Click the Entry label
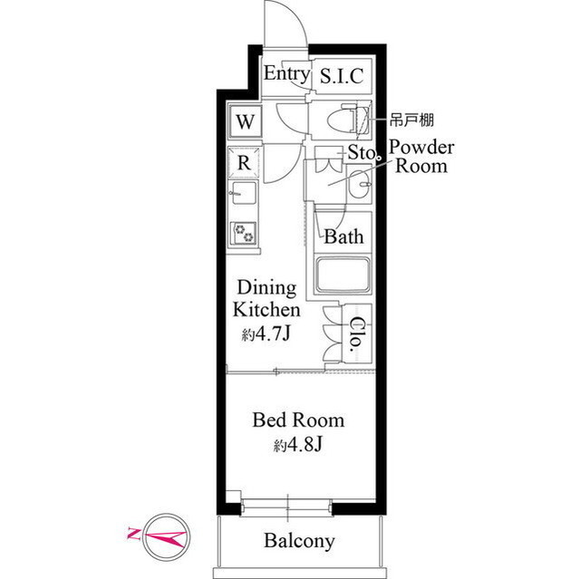tap(286, 74)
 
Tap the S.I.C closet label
tap(342, 76)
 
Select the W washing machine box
tap(246, 121)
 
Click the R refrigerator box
tap(244, 163)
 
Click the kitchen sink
tap(243, 193)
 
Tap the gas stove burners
tap(244, 233)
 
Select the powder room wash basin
tap(359, 184)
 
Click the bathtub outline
tap(343, 275)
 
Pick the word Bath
tap(343, 236)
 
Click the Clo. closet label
tap(355, 333)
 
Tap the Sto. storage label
tap(362, 152)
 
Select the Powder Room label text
tap(421, 157)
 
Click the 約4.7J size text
tap(266, 334)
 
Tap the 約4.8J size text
tap(298, 445)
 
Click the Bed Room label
tap(298, 420)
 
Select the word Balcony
tap(300, 541)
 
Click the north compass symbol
tap(167, 536)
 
